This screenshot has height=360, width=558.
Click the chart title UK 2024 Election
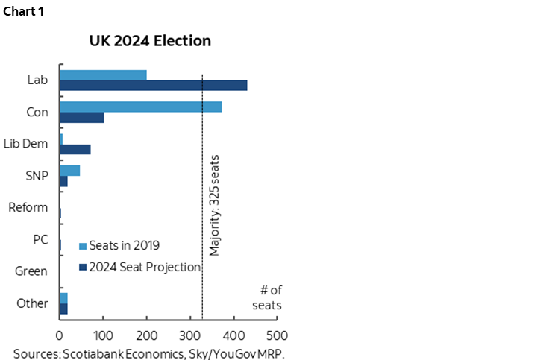point(149,40)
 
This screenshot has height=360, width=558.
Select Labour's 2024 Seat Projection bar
point(153,85)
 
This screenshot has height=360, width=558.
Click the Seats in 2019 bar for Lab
point(103,75)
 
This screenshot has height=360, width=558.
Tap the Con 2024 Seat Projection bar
point(81,117)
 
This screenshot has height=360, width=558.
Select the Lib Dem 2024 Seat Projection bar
point(75,149)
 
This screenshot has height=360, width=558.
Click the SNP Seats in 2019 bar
point(69,171)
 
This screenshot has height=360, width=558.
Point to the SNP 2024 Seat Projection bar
point(63,181)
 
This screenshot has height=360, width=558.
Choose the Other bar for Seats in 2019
point(63,298)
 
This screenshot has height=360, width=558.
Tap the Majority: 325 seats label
point(215,205)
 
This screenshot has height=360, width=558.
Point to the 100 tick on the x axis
point(103,335)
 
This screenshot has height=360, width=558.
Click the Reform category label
point(28,207)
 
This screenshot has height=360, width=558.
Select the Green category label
point(31,271)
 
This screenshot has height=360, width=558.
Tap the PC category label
point(40,239)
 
